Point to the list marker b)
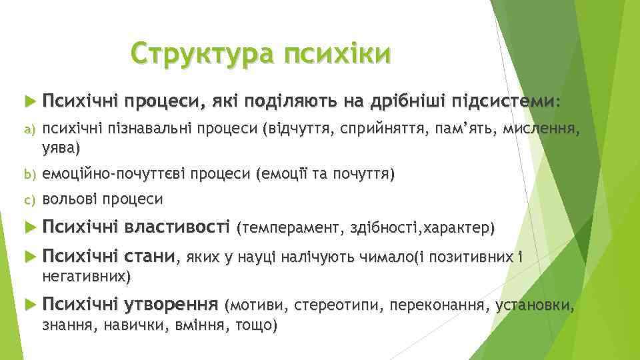pyautogui.click(x=27, y=175)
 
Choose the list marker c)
pyautogui.click(x=27, y=199)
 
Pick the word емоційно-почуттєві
pyautogui.click(x=113, y=175)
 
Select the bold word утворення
pyautogui.click(x=171, y=305)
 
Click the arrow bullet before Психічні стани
pyautogui.click(x=27, y=256)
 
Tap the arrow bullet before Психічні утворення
pyautogui.click(x=27, y=306)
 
